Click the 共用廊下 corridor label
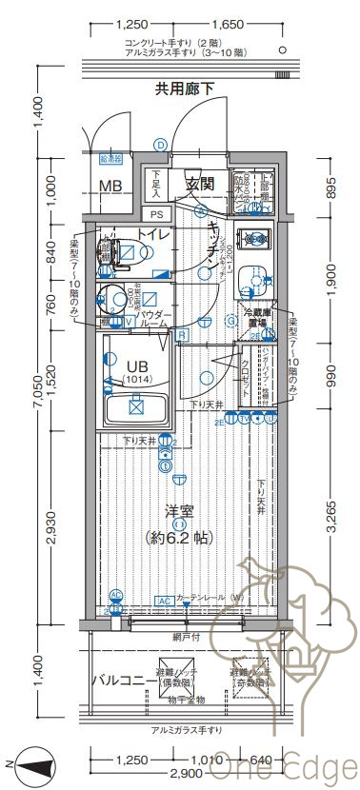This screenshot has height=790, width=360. coord(185,89)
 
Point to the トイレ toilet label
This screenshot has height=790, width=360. coord(153,233)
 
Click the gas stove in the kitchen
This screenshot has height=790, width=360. coord(254,238)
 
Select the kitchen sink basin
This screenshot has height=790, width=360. coord(253,280)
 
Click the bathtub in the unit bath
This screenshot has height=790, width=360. coord(135,408)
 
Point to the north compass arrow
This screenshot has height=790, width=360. coord(32,762)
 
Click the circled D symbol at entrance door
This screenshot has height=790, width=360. coord(160,144)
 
